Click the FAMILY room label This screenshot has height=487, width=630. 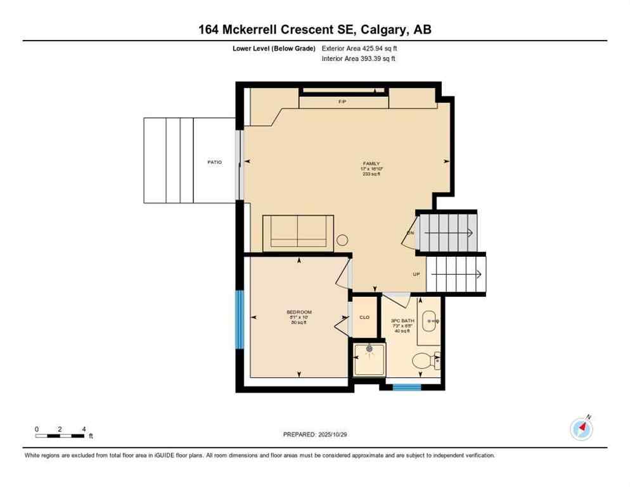coord(371,164)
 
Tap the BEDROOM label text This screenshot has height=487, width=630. coord(299,312)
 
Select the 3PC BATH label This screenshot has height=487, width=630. coord(402,321)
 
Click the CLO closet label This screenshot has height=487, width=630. coord(364,317)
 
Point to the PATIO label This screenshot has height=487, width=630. coord(214,162)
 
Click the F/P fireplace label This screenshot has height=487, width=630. coord(342,101)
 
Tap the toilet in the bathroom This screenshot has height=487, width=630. coord(423,361)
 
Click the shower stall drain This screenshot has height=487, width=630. coord(370,348)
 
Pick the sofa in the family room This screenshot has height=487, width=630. coord(298,232)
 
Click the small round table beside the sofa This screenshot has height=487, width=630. coord(342,240)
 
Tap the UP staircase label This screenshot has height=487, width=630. coord(416,275)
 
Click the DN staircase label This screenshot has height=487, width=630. coord(410,233)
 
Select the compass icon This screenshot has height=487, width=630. coord(581,429)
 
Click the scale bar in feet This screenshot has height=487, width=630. coord(60,435)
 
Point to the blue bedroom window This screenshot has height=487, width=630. coord(240,320)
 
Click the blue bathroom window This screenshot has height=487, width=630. coord(407,387)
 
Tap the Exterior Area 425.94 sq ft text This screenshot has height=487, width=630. coord(359,48)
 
